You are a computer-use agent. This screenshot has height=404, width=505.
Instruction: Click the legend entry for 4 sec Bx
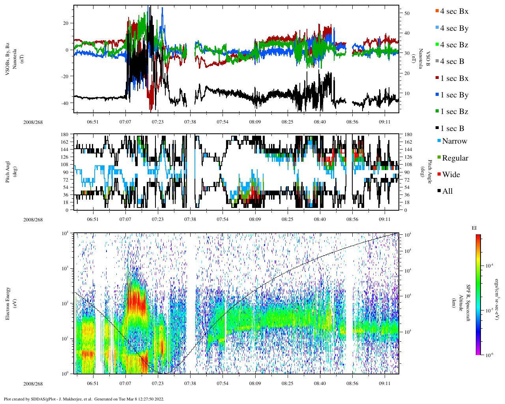454,11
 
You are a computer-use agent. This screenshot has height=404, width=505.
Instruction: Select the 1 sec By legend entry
454,95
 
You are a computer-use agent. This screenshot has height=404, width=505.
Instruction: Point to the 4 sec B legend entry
452,62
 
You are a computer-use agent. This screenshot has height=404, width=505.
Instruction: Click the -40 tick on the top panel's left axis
66,103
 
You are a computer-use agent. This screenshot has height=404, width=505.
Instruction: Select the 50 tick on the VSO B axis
406,13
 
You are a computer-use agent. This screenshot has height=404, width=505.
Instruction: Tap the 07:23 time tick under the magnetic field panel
157,122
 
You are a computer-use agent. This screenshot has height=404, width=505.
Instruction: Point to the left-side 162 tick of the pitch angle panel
64,142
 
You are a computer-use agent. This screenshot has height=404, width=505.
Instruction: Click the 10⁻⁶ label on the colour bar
489,355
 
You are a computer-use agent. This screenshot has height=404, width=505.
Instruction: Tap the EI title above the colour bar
474,228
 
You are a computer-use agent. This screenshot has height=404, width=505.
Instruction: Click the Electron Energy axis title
8,303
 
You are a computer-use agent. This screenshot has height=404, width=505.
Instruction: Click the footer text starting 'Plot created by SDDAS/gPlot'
84,399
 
